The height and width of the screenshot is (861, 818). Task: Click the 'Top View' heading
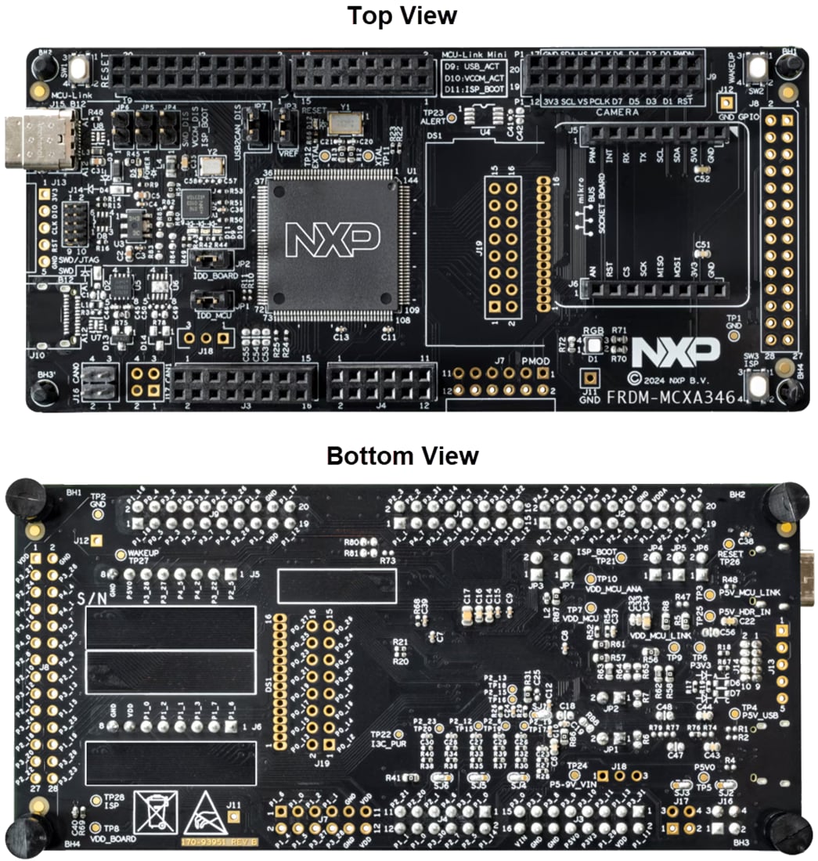tap(402, 15)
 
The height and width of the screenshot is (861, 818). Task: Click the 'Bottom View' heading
tap(402, 455)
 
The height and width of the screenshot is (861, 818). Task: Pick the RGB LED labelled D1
tap(593, 346)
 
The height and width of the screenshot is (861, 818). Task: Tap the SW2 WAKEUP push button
tap(757, 69)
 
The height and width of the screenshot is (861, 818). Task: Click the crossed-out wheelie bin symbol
tap(155, 812)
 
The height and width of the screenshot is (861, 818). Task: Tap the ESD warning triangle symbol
tap(204, 815)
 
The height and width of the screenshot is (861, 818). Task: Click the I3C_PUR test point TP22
tap(398, 735)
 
